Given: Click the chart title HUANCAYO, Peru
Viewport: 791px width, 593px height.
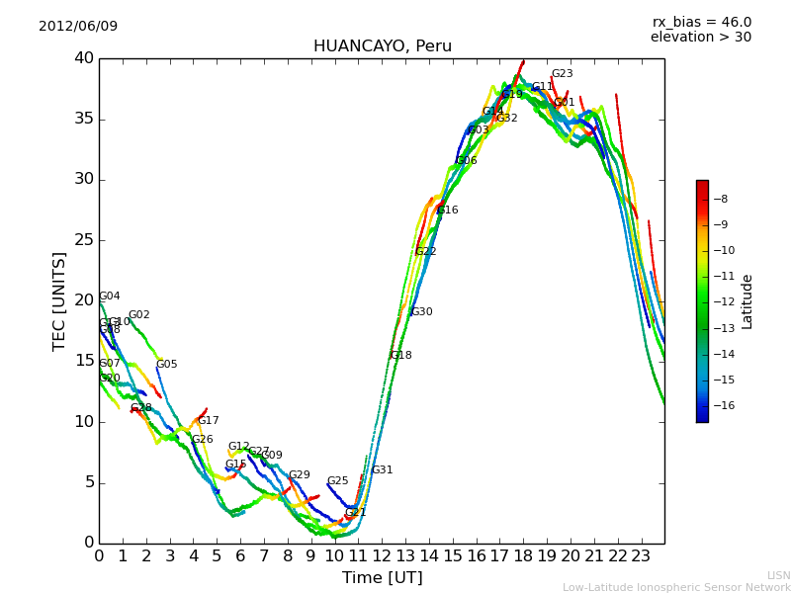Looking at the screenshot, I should point(382,46).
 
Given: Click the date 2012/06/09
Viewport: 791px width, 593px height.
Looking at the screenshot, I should point(78,26).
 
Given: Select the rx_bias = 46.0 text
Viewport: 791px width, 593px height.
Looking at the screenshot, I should point(701,22).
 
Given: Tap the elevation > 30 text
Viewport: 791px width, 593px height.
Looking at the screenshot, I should point(700,38).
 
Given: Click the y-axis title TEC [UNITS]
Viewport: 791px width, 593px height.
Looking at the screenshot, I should point(59,300).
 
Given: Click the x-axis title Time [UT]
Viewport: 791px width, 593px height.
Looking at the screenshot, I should point(382,578).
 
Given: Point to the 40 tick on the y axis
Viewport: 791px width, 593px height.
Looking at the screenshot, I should point(83,58).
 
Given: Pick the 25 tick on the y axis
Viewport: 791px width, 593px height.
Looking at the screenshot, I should point(83,240).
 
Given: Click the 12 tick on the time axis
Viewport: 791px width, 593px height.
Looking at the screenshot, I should point(382,556).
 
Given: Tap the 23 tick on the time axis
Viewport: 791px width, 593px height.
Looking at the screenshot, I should point(641,556).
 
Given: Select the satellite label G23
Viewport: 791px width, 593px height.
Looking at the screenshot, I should point(562,74).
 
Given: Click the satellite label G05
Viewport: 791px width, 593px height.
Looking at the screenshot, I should point(166,365).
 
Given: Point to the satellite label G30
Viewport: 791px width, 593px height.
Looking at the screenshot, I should point(421,312).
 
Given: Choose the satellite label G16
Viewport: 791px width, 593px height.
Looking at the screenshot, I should point(447,211).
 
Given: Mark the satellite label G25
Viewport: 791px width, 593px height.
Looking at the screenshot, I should point(337,481).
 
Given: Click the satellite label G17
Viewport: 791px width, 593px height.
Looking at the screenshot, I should point(208,421).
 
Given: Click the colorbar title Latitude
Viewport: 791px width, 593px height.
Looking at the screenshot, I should point(747,301).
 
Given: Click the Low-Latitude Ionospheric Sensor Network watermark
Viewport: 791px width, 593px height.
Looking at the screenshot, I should point(676,587).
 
